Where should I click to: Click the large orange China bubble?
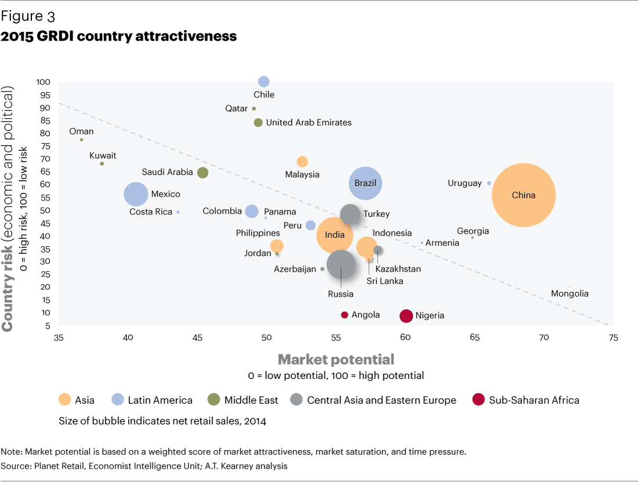(x=524, y=195)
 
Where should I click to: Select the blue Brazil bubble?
(x=365, y=183)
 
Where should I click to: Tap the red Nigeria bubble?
(x=406, y=316)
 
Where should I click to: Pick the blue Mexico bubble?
(x=136, y=194)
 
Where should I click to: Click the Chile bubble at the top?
(x=264, y=81)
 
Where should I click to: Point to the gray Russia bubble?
(x=341, y=264)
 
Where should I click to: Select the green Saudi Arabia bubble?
(x=202, y=173)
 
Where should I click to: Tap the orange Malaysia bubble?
(x=302, y=162)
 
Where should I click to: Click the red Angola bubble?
(x=345, y=315)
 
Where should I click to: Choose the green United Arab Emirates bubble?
(x=259, y=122)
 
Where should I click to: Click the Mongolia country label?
(x=570, y=294)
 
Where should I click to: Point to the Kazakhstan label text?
(x=398, y=269)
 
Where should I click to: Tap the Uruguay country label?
(x=465, y=183)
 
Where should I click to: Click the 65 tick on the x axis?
(x=475, y=338)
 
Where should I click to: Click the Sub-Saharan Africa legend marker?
(x=478, y=400)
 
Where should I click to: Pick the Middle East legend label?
(x=251, y=400)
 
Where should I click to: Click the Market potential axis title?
(x=336, y=359)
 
